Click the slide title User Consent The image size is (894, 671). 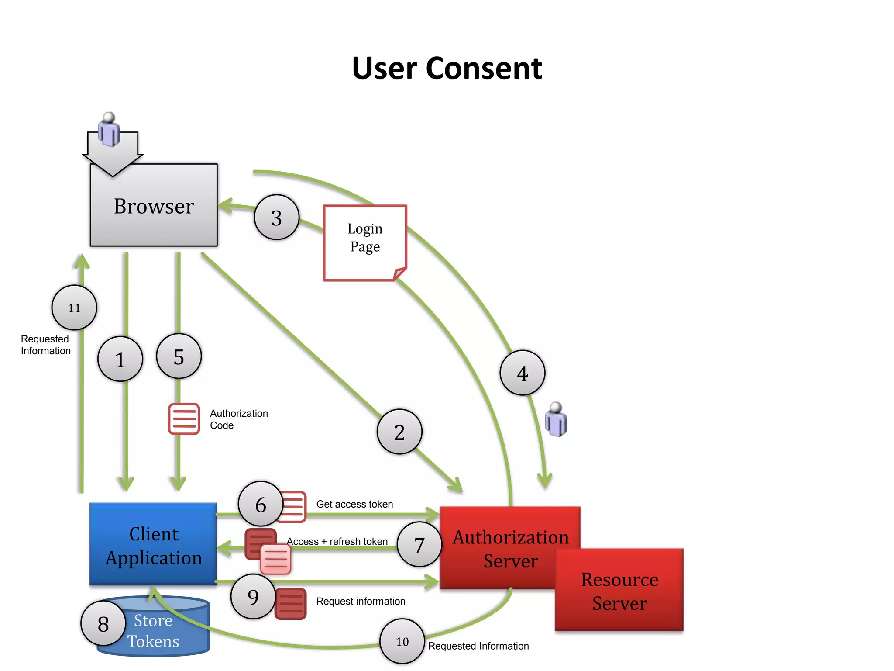tap(447, 69)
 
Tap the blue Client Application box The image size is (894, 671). tap(153, 544)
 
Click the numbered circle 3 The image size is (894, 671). tap(276, 217)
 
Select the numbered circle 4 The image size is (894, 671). tap(522, 373)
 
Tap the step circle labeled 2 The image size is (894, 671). tap(399, 432)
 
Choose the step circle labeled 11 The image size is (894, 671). tap(74, 308)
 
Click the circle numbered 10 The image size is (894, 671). tap(402, 641)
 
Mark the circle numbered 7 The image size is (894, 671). tap(419, 544)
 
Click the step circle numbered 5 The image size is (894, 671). tap(179, 356)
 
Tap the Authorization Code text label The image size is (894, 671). tap(238, 419)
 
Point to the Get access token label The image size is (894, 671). tap(354, 504)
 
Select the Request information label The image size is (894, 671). tap(361, 601)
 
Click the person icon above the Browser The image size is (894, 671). tap(109, 129)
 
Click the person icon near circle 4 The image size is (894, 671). tap(556, 419)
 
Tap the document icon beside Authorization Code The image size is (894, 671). tap(184, 419)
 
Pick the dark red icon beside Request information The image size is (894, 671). tap(290, 604)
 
